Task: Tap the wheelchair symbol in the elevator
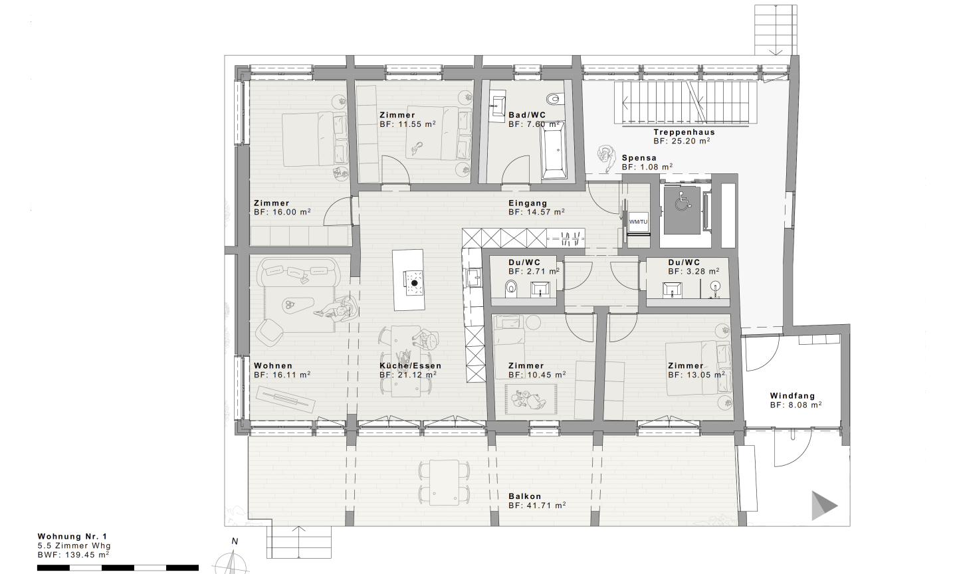683,201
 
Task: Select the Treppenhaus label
684,132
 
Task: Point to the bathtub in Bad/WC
554,151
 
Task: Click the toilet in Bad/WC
554,98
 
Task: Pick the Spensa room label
639,157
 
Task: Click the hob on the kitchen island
414,283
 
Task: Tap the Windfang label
792,396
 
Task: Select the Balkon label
524,496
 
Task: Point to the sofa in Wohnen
298,272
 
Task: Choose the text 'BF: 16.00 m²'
282,212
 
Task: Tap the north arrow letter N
235,541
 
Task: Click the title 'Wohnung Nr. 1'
72,536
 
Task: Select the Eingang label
528,203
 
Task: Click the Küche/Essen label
410,365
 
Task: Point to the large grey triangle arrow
823,506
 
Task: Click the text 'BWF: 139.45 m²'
73,555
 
